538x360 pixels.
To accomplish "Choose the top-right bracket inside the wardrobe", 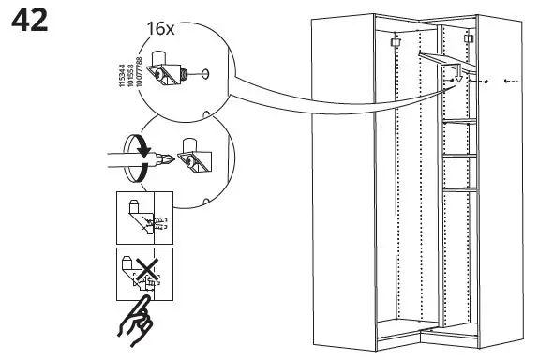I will [466, 40].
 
